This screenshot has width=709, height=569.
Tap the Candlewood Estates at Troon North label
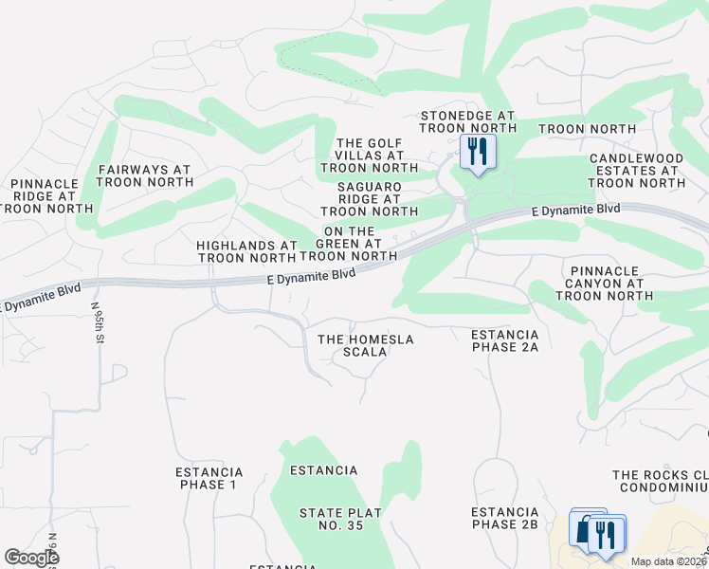point(636,170)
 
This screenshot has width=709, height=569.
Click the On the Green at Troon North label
point(348,243)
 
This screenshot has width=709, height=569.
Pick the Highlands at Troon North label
point(246,251)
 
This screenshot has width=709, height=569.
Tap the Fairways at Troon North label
point(144,175)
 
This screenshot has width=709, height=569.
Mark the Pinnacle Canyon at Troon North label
point(603,283)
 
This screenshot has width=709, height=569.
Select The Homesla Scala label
point(366,345)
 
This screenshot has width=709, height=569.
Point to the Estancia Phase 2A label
point(504,340)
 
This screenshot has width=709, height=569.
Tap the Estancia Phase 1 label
point(209,478)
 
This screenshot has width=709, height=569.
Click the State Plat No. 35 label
point(340,520)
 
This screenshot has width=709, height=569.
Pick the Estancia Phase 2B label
point(504,518)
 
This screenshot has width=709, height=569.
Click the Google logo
point(30,558)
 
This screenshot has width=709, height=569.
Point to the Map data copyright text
point(668,561)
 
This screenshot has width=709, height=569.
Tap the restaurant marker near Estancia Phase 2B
point(607,534)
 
